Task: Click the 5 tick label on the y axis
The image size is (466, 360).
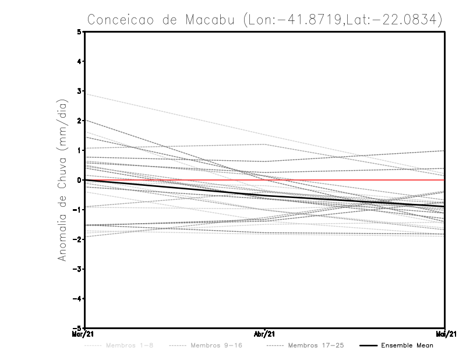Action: click(x=79, y=31)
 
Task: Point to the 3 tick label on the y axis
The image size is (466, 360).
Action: click(x=79, y=91)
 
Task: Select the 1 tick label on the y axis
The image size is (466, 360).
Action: click(x=79, y=150)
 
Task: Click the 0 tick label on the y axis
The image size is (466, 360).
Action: click(x=79, y=180)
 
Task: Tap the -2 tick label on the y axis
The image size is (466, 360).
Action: click(x=77, y=239)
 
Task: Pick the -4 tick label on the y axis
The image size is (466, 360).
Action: click(x=77, y=299)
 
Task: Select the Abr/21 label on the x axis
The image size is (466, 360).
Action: click(x=265, y=334)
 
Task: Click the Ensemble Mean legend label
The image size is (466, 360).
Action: click(x=407, y=345)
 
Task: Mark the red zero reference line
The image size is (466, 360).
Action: click(x=349, y=180)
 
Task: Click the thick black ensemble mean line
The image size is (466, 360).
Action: click(x=175, y=187)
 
